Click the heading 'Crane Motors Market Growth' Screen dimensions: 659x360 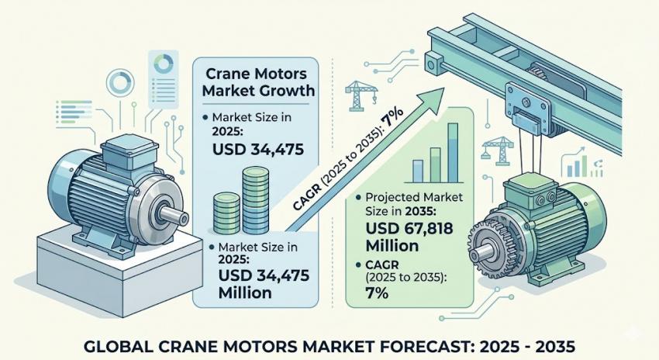coord(258,82)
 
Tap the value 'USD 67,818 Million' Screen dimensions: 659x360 coord(409,237)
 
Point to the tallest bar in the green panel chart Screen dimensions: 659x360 coord(453,152)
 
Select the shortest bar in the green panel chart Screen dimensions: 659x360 coord(418,171)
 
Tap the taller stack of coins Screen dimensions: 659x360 coord(255,199)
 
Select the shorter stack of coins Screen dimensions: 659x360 coord(227,213)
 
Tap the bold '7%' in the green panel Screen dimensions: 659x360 coord(377,292)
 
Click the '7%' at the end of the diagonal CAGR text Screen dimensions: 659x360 coord(392,118)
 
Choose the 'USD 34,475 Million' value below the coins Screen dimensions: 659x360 coord(264,283)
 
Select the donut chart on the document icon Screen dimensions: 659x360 coord(164,63)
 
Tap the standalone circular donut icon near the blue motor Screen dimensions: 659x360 coord(120,83)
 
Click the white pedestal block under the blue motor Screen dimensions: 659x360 coord(119,273)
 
